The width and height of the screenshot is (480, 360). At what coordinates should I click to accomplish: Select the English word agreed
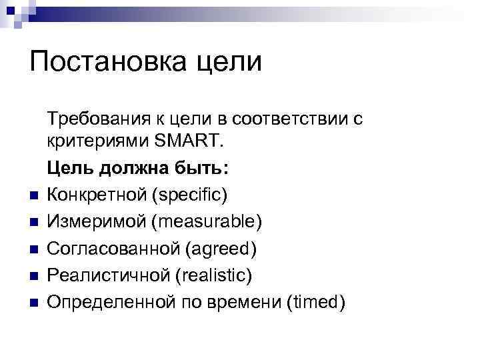pyautogui.click(x=221, y=250)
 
